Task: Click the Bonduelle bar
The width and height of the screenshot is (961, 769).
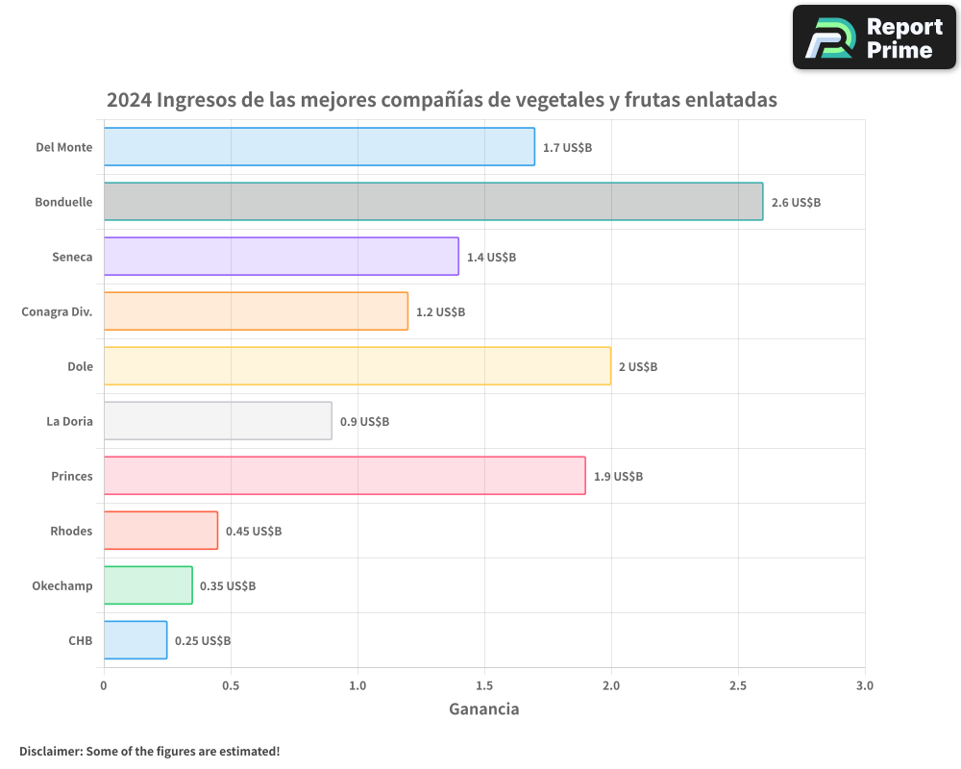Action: [x=432, y=202]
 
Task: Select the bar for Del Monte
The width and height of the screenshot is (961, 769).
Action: [x=319, y=147]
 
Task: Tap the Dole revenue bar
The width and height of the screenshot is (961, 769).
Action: [x=357, y=366]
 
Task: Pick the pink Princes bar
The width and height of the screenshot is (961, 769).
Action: [x=344, y=476]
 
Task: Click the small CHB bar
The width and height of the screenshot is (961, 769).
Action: [x=136, y=640]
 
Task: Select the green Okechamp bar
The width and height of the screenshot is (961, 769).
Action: [x=148, y=585]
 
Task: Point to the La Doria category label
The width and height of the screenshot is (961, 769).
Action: [x=69, y=421]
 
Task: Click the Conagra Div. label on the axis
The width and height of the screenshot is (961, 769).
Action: [x=57, y=311]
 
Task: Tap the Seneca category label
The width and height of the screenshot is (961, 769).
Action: [x=72, y=257]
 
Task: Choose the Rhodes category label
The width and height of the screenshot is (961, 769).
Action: [x=71, y=531]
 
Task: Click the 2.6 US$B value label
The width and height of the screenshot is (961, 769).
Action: [x=796, y=203]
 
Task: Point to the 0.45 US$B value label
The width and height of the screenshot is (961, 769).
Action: [x=254, y=532]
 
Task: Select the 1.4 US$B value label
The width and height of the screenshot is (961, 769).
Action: [x=491, y=258]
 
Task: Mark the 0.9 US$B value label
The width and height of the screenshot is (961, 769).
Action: [x=364, y=422]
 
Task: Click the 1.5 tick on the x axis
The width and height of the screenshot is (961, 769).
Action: [x=484, y=686]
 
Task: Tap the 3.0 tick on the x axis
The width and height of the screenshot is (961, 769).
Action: [x=865, y=686]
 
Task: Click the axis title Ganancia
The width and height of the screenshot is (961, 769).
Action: [x=484, y=709]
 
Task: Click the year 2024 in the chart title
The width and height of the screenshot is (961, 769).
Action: [x=128, y=100]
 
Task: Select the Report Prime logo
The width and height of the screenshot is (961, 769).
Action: [x=874, y=37]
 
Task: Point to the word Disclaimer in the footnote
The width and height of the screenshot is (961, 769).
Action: [x=49, y=751]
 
